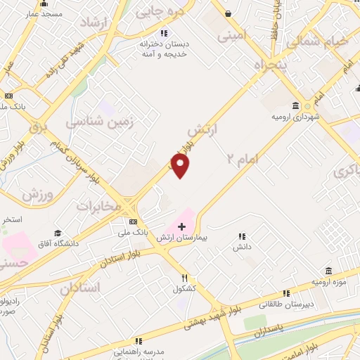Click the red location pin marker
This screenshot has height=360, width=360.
click(x=181, y=166)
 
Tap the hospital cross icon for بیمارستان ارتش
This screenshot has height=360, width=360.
click(x=182, y=226)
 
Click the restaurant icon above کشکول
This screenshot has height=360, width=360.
click(x=184, y=278)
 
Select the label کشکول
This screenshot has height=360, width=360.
click(x=184, y=288)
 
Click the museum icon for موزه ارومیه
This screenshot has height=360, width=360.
click(x=328, y=271)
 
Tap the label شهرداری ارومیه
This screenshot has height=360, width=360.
click(x=295, y=116)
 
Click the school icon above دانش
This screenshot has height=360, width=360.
click(x=243, y=237)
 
